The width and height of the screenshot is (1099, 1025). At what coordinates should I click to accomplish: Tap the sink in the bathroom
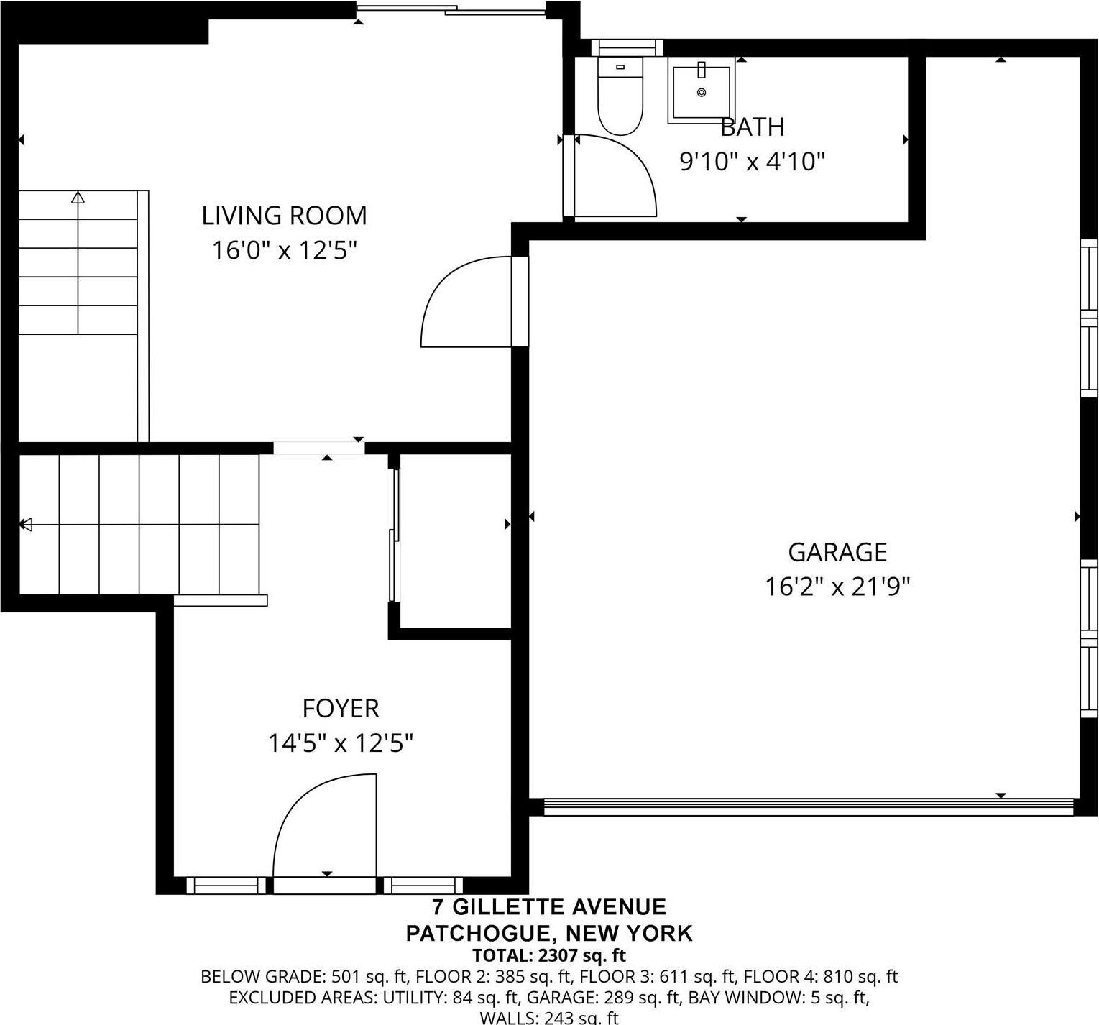tap(702, 92)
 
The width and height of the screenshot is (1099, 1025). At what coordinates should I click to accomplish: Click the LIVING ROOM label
tap(284, 216)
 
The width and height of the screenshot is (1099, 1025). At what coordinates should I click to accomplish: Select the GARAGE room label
tap(837, 552)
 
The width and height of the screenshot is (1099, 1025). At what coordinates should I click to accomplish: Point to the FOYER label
tap(340, 709)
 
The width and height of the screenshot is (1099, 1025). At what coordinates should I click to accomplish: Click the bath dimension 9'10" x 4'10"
tap(752, 162)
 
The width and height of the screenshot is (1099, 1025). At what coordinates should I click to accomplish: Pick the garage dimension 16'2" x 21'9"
tap(837, 587)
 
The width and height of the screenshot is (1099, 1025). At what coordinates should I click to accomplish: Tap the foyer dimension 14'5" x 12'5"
tap(340, 743)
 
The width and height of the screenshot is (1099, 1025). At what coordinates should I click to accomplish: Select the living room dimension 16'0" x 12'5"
tap(284, 251)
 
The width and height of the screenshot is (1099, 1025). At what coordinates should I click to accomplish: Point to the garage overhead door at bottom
tap(808, 806)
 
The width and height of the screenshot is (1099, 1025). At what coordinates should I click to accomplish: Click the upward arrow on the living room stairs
tap(78, 198)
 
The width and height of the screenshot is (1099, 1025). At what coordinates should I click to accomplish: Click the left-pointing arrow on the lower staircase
tap(26, 525)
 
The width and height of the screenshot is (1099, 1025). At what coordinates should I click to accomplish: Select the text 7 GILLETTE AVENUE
tap(548, 907)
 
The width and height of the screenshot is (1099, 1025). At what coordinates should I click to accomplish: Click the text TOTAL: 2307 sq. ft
tap(548, 955)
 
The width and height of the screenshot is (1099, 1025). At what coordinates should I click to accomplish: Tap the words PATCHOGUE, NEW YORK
tap(548, 933)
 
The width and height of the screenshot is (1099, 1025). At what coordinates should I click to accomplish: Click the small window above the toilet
tap(627, 48)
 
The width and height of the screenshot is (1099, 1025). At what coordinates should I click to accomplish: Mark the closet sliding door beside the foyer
tap(393, 536)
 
